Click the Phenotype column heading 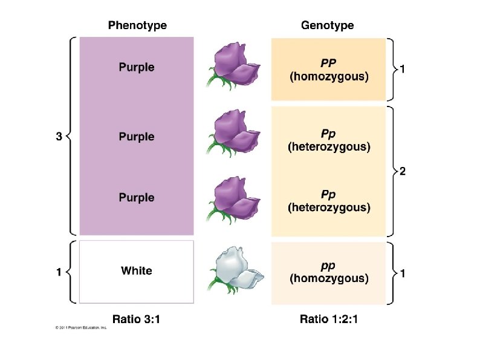pyautogui.click(x=137, y=25)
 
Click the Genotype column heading pyautogui.click(x=327, y=25)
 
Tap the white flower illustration pyautogui.click(x=236, y=270)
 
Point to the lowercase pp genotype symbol pyautogui.click(x=328, y=265)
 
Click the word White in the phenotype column pyautogui.click(x=137, y=270)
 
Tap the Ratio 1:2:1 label pyautogui.click(x=329, y=319)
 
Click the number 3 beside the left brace pyautogui.click(x=59, y=137)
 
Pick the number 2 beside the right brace pyautogui.click(x=403, y=172)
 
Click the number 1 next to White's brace pyautogui.click(x=59, y=272)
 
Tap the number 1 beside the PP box pyautogui.click(x=403, y=70)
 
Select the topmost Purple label pyautogui.click(x=137, y=67)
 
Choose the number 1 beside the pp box pyautogui.click(x=403, y=273)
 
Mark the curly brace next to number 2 pyautogui.click(x=392, y=172)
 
